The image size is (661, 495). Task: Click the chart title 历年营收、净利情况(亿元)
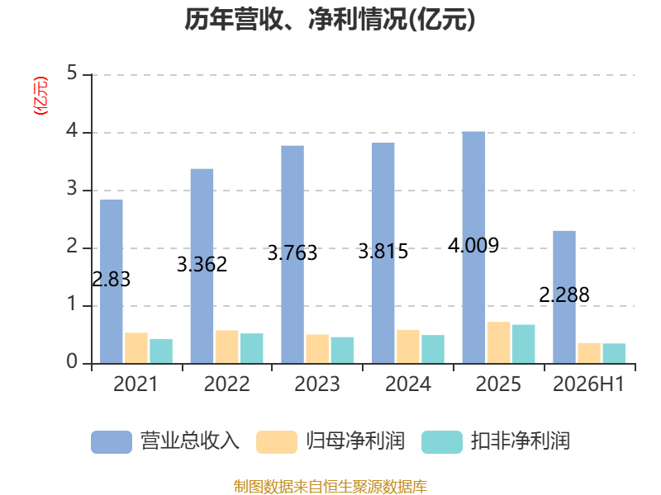click(x=330, y=20)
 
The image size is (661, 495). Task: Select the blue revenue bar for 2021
click(x=112, y=281)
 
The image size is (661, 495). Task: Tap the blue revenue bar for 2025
click(x=473, y=247)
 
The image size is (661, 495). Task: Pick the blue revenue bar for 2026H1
click(x=564, y=297)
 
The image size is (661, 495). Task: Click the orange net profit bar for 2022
click(x=226, y=346)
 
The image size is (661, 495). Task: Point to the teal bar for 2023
click(x=342, y=350)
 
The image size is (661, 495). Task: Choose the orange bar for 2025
click(x=499, y=342)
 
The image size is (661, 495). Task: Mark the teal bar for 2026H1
click(x=614, y=354)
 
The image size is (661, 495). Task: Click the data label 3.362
click(x=202, y=264)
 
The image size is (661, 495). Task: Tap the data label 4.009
click(x=473, y=245)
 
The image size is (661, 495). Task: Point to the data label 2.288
click(x=564, y=295)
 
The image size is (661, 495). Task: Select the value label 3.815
click(x=383, y=252)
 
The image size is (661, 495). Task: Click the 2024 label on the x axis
click(x=408, y=384)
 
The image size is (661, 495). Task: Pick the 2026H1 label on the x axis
click(x=588, y=384)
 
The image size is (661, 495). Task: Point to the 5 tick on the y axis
click(x=72, y=73)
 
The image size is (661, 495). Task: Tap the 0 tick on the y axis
click(x=72, y=361)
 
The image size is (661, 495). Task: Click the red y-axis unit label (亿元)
click(x=40, y=96)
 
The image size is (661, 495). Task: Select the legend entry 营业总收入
click(x=165, y=441)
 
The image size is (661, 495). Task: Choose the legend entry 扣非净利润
click(x=497, y=441)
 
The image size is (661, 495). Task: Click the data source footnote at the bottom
click(x=330, y=487)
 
